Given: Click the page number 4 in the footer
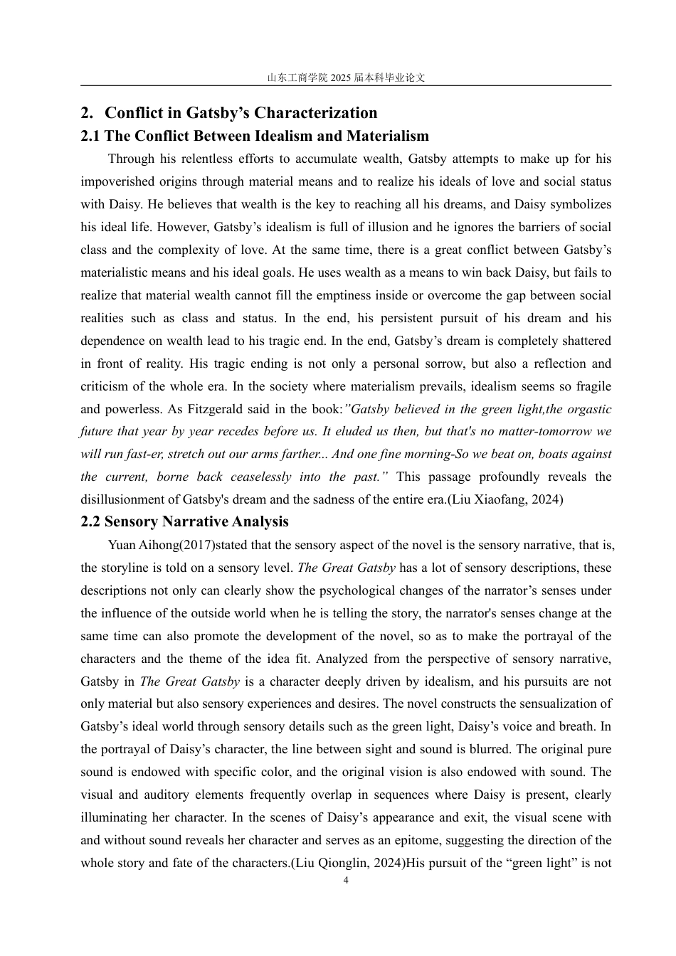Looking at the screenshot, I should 346,881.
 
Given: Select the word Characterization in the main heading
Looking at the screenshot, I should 316,113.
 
